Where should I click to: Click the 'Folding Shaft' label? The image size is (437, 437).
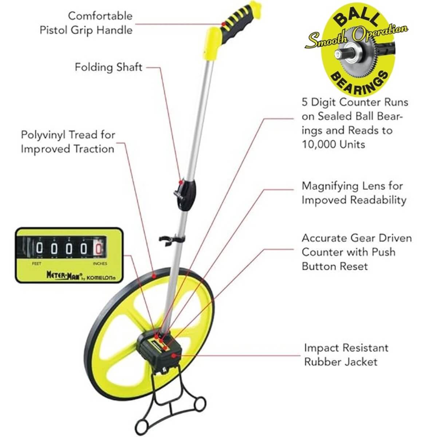pos(109,67)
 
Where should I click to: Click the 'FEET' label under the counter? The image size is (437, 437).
pos(37,264)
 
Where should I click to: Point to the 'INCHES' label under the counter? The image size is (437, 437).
pos(100,264)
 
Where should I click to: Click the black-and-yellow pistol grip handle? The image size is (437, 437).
pos(236,26)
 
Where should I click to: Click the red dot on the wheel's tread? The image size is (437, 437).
pos(154,276)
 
